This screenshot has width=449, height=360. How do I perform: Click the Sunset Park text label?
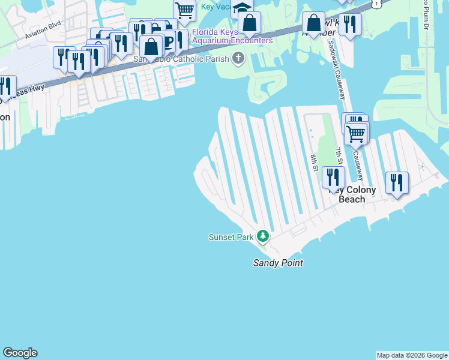pos(231,237)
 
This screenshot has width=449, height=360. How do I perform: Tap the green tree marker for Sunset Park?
pos(263,236)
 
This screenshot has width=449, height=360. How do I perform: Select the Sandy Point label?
pos(278,263)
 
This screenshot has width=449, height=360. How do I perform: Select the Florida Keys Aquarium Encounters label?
pos(232,36)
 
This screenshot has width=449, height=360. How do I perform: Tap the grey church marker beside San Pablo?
pos(238,58)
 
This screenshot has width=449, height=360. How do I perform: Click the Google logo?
pos(20,353)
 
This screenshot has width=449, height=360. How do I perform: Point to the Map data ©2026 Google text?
pos(412,355)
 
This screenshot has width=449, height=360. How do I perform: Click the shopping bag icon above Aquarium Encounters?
pos(249,23)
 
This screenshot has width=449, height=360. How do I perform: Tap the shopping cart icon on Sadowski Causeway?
pos(356,133)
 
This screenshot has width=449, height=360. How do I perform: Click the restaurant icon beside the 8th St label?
pos(333,176)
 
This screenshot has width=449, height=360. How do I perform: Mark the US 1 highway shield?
pos(376,3)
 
